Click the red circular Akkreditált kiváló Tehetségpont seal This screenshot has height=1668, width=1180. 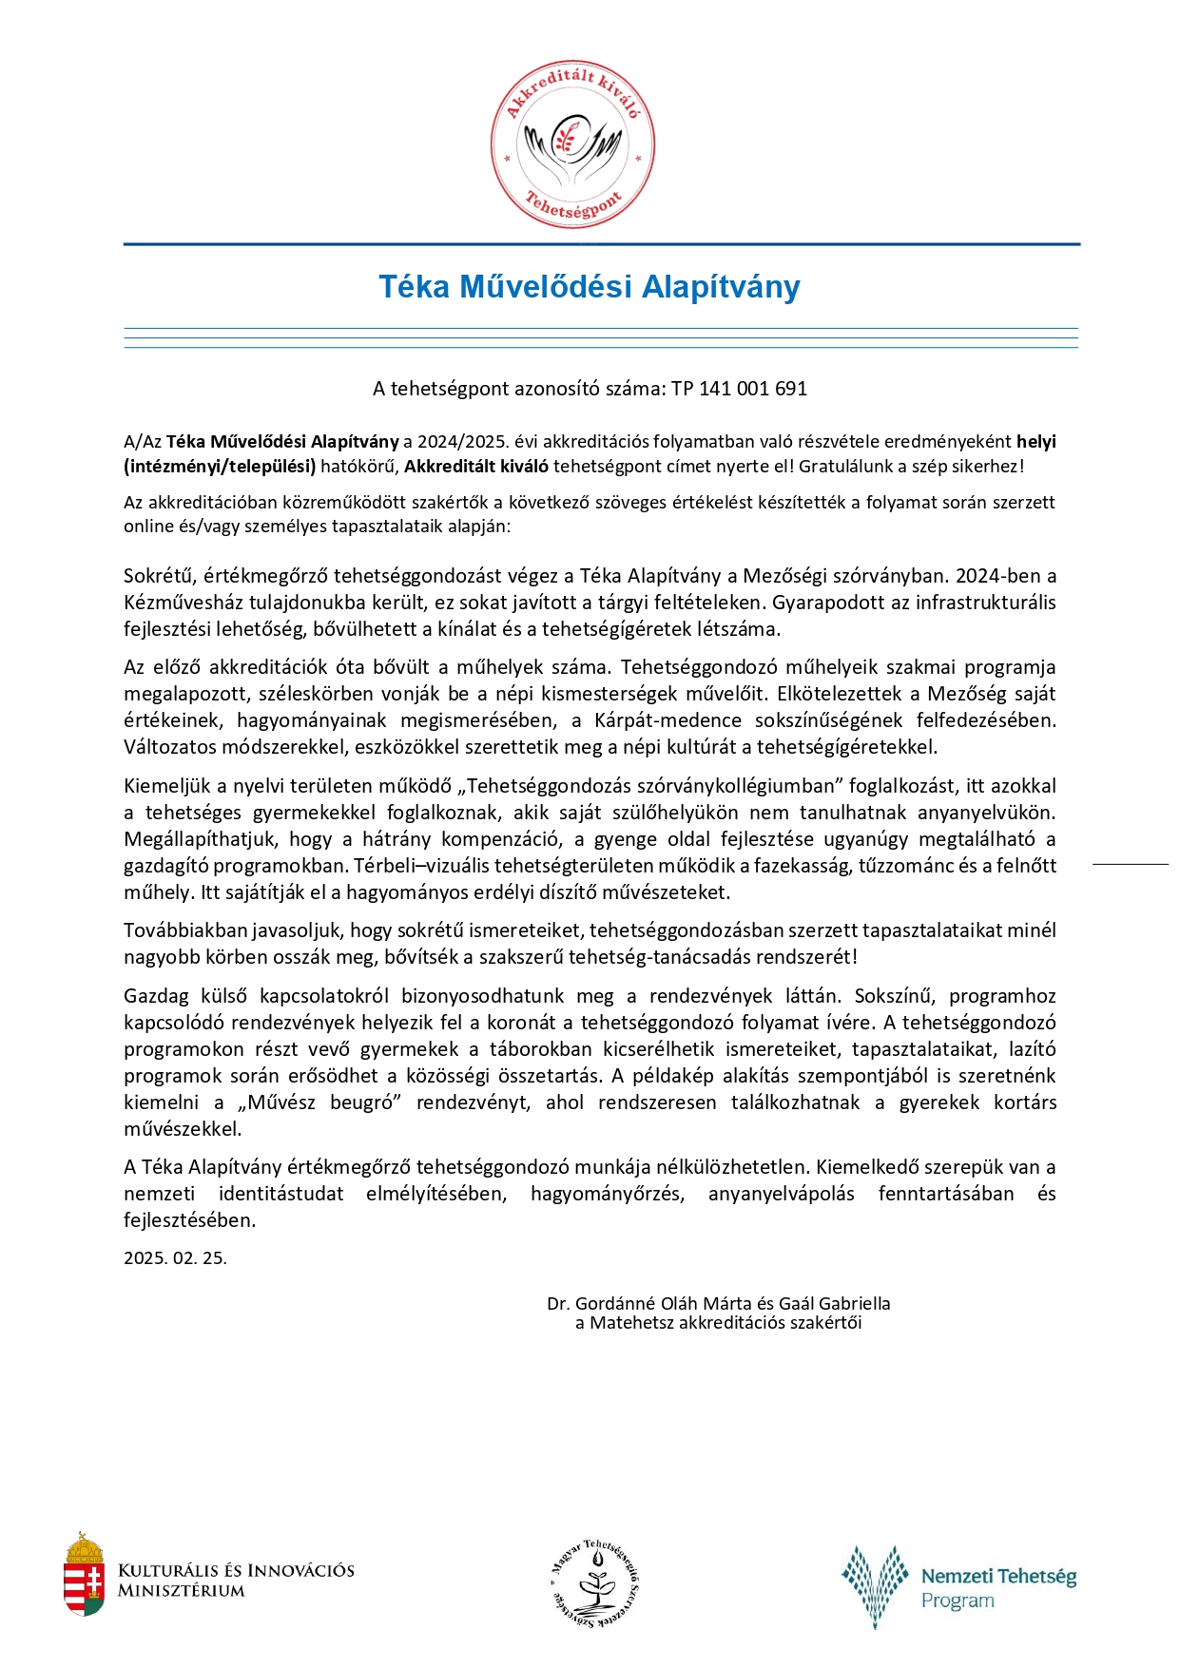(x=572, y=146)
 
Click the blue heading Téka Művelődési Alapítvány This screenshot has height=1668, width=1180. (x=590, y=287)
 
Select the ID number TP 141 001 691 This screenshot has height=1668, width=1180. (x=739, y=389)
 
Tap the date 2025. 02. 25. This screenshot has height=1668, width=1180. (x=175, y=1257)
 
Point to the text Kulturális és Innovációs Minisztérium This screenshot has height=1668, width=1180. (x=236, y=1580)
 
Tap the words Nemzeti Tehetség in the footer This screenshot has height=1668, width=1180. (x=998, y=1577)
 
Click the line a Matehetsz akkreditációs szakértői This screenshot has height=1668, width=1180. (x=718, y=1322)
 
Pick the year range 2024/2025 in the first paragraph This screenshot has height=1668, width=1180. (x=458, y=442)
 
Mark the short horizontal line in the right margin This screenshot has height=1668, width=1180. (x=1130, y=864)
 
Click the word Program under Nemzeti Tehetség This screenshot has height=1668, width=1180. (x=958, y=1601)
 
